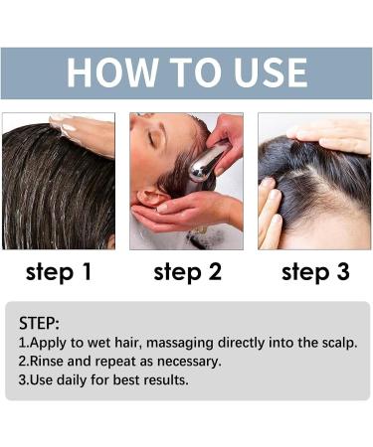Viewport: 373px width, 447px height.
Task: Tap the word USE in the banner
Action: [x=262, y=73]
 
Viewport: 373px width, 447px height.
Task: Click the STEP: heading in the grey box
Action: [x=40, y=323]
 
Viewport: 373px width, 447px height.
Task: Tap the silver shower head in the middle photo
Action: [x=204, y=163]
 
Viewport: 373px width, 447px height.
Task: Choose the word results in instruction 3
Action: [x=163, y=380]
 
